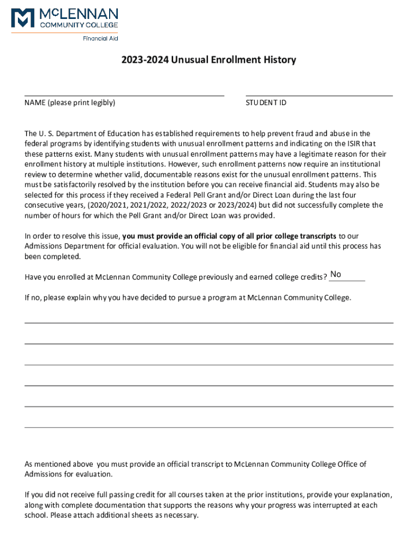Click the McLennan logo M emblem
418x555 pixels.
click(x=23, y=17)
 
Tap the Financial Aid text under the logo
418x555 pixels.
click(x=100, y=38)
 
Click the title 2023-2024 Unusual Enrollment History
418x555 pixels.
click(x=209, y=60)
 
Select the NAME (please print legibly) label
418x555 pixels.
click(x=69, y=102)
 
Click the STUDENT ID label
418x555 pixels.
click(x=265, y=102)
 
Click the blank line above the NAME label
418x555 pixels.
click(x=124, y=95)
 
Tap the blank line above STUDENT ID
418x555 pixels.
click(x=319, y=95)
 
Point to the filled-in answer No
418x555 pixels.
click(x=336, y=274)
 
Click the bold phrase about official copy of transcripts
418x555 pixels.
click(x=229, y=236)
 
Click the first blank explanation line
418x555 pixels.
click(x=209, y=322)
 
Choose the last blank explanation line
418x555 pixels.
click(x=209, y=427)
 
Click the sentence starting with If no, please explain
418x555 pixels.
click(x=188, y=298)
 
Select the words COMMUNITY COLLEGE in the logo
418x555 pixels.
click(x=79, y=24)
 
